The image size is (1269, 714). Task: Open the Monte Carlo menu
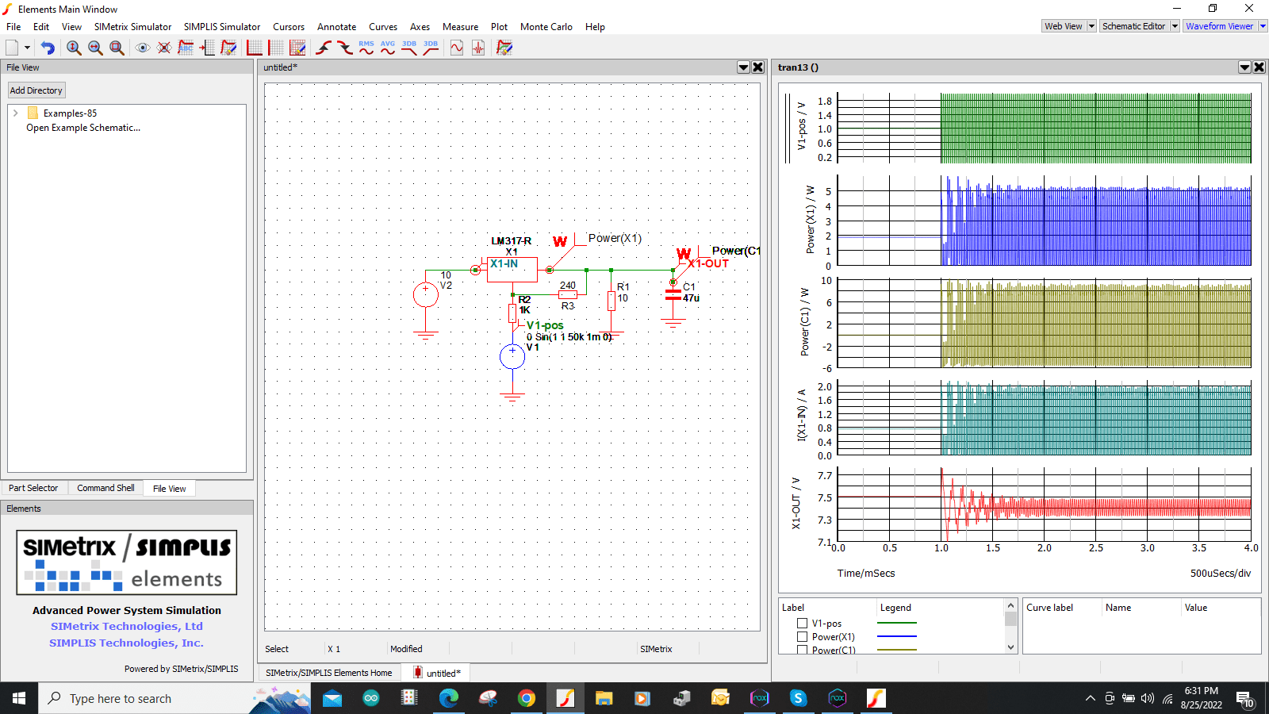tap(546, 27)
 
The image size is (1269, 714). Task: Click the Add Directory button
tap(36, 90)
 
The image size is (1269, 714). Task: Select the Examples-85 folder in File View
tap(70, 113)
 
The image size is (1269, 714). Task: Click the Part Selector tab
tap(33, 488)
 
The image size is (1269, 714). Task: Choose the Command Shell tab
tap(105, 488)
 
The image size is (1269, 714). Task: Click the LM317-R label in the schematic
tap(511, 240)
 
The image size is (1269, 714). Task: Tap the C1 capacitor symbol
tap(673, 294)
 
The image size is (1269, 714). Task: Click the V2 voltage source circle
tap(426, 295)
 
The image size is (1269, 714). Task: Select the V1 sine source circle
tap(512, 357)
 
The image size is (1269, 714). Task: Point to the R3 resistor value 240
tap(568, 286)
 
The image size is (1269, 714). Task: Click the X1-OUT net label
tap(708, 263)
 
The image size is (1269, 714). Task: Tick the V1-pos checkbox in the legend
tap(803, 624)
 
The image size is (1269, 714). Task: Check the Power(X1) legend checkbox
tap(803, 637)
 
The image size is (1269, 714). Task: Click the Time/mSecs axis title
tap(866, 573)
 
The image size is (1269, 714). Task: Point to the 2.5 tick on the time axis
tap(1096, 548)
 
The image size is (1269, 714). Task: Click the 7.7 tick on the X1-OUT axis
tap(825, 476)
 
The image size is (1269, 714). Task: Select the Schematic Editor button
tap(1133, 26)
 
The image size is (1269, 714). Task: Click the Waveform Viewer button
tap(1219, 26)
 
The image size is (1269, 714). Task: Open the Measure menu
tap(460, 27)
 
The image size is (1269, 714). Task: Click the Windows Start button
tap(19, 698)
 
